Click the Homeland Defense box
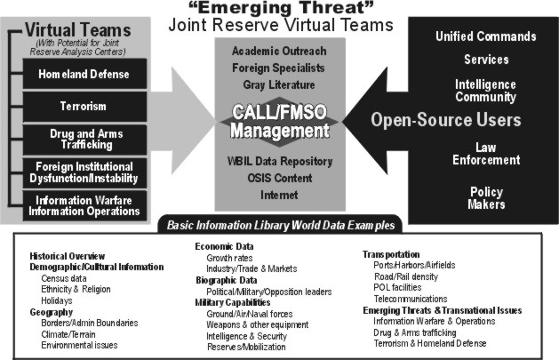pos(84,74)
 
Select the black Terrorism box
pos(84,107)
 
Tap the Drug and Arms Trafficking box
pos(84,140)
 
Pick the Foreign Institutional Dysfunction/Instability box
pos(84,172)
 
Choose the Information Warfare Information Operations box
pos(84,205)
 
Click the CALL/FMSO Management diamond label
pos(279,122)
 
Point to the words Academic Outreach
pos(279,51)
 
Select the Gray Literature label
pos(279,84)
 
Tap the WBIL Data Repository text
pos(280,161)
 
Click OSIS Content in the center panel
pos(280,178)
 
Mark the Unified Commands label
pos(486,36)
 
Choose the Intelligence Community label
pos(485,91)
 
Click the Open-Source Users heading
pos(446,120)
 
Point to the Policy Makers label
pos(486,198)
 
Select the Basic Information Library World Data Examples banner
pos(281,225)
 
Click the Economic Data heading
pos(224,246)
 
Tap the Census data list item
pos(64,278)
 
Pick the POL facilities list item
pos(397,287)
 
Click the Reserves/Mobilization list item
pos(246,347)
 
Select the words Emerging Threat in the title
pos(280,7)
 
